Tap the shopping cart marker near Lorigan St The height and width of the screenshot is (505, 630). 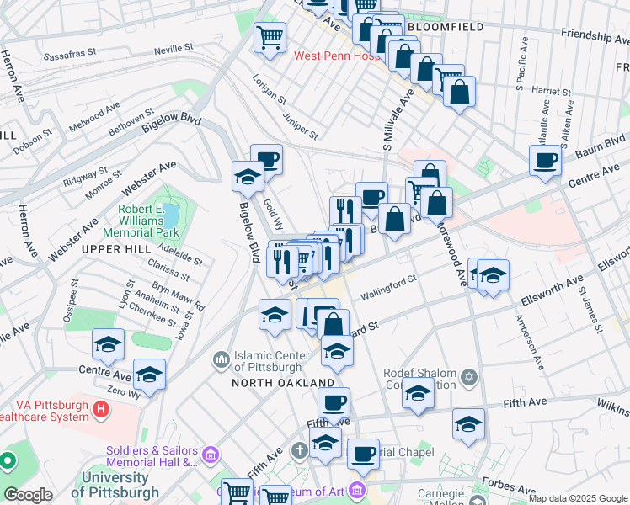point(270,38)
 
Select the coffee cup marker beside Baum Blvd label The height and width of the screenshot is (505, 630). point(545,160)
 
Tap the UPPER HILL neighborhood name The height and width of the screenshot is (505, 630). point(115,249)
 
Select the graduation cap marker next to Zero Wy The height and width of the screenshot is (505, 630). point(149,375)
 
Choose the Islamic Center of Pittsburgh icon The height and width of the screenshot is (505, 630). point(221,359)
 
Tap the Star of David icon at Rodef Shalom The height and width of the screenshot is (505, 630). point(468,375)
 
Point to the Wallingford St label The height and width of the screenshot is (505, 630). point(388,287)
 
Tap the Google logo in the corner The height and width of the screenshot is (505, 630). point(29,495)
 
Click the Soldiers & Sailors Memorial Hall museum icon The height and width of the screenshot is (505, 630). point(209,455)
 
